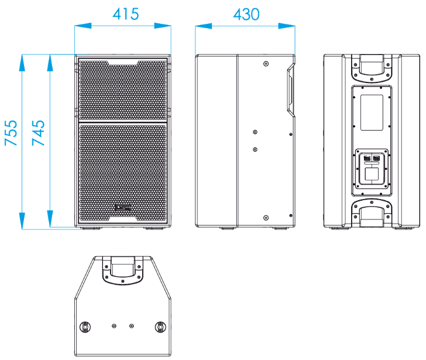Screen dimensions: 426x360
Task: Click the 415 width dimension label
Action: (126, 14)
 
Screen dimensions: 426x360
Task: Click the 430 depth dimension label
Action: (246, 15)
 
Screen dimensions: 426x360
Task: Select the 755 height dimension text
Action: (11, 133)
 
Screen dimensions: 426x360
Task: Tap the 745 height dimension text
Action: (38, 133)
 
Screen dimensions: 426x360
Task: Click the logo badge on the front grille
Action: (122, 208)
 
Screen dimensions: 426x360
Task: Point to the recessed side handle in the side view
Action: (290, 90)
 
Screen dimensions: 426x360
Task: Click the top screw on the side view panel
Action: (266, 64)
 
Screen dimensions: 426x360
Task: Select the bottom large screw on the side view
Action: (266, 218)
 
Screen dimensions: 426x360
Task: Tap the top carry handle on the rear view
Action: (372, 68)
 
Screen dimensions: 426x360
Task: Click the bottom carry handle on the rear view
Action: (372, 213)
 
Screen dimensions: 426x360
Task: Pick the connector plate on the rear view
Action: (372, 169)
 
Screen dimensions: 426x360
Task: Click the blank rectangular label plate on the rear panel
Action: (372, 112)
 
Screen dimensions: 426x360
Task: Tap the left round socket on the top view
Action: (85, 327)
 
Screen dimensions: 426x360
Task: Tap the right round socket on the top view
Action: (160, 327)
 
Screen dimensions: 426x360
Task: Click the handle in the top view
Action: (122, 270)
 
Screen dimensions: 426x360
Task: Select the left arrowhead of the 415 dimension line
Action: (83, 26)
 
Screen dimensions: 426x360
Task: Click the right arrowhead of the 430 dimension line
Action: (287, 26)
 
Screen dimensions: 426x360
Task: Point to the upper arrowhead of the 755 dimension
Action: (22, 63)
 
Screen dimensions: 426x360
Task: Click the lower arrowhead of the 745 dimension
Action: (50, 218)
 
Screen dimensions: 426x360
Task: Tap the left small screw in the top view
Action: (114, 326)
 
